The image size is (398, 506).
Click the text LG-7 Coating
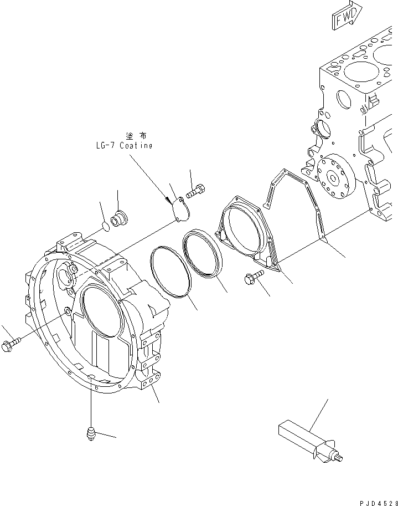[x=123, y=146]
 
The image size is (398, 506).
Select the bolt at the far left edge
[x=11, y=346]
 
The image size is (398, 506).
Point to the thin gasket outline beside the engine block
[x=299, y=211]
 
